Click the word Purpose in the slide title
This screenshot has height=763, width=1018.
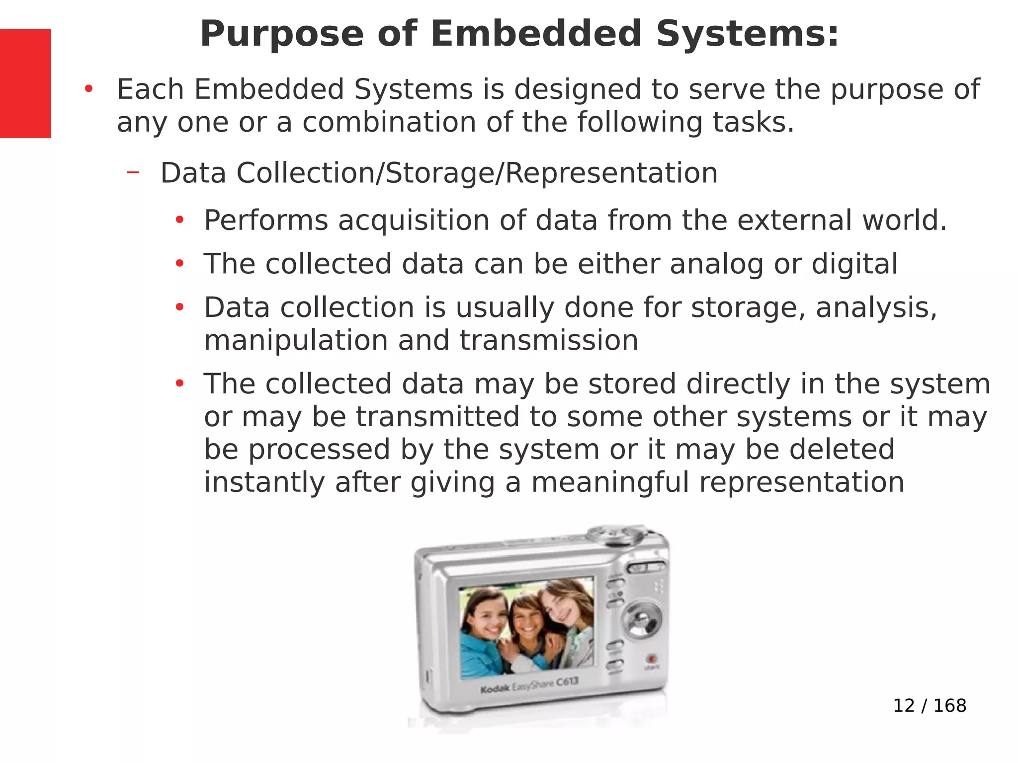pyautogui.click(x=282, y=34)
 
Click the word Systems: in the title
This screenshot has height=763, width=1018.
pyautogui.click(x=747, y=34)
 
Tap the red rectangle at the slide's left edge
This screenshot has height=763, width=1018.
pyautogui.click(x=25, y=83)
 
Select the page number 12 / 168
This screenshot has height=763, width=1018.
pyautogui.click(x=930, y=705)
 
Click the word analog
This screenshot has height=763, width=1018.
pyautogui.click(x=716, y=264)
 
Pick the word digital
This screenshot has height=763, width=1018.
pyautogui.click(x=854, y=264)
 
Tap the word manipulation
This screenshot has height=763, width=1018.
pyautogui.click(x=296, y=340)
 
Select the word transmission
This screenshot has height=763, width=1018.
pyautogui.click(x=549, y=340)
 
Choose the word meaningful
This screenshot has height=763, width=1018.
pyautogui.click(x=610, y=482)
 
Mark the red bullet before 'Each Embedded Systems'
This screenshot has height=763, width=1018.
pyautogui.click(x=89, y=90)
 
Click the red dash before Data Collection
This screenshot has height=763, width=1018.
pyautogui.click(x=133, y=172)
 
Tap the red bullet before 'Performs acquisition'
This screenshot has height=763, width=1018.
pyautogui.click(x=179, y=220)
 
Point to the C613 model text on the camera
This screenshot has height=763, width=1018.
pyautogui.click(x=567, y=681)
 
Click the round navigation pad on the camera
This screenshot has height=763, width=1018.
pyautogui.click(x=642, y=620)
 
